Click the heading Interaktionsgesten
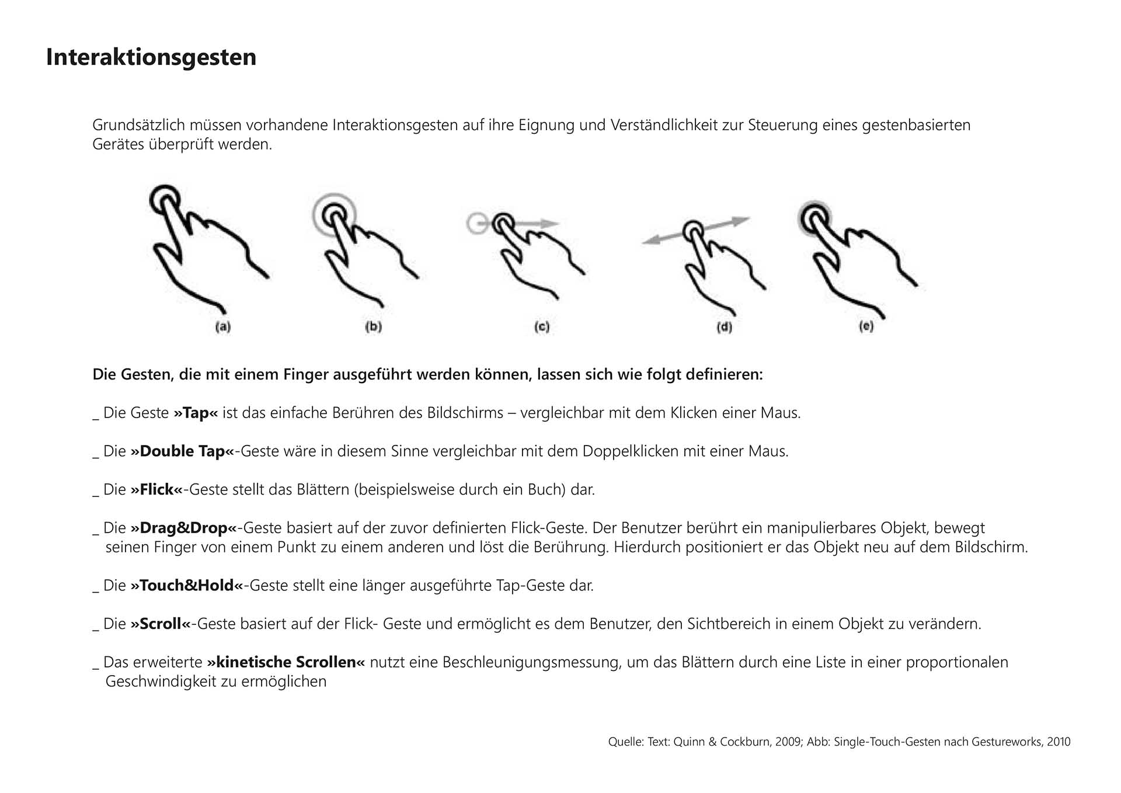click(x=151, y=57)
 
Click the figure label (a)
click(x=223, y=327)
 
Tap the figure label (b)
click(x=374, y=326)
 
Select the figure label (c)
click(x=542, y=327)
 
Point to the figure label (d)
click(x=724, y=327)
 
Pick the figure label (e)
click(x=866, y=326)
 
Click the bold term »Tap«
click(x=196, y=413)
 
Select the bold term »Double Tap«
click(x=182, y=451)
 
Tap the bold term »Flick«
click(x=156, y=489)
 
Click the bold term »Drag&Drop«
click(x=183, y=528)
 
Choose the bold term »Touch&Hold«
click(x=187, y=585)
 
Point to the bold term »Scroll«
click(x=161, y=624)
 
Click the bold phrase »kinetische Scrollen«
click(x=286, y=662)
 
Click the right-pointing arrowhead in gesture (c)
click(x=550, y=223)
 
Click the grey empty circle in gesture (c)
click(x=477, y=224)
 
